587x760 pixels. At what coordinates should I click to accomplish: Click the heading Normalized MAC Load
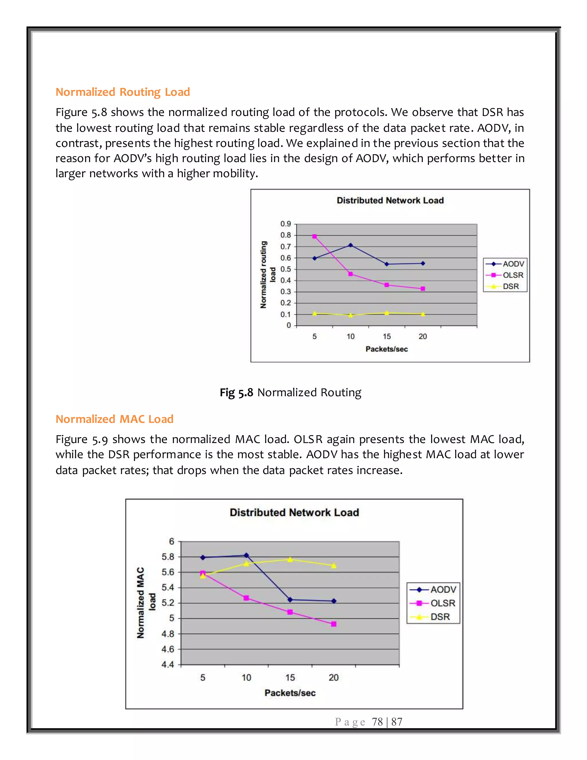click(114, 419)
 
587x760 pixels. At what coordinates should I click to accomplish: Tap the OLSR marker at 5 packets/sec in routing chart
click(314, 237)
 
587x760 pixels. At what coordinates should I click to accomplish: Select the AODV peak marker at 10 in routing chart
click(351, 245)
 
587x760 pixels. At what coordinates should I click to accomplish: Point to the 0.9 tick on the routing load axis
click(285, 224)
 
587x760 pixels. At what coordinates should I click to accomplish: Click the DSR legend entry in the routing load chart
click(510, 287)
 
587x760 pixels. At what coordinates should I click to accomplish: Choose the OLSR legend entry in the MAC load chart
click(442, 603)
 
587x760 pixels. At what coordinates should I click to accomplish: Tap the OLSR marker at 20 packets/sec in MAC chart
click(334, 624)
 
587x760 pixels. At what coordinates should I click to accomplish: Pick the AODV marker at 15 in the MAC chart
click(290, 600)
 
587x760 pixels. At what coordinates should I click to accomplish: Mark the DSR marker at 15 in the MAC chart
click(290, 560)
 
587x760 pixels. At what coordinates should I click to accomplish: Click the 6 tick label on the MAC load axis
click(171, 541)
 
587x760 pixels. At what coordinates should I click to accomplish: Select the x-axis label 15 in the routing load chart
click(387, 336)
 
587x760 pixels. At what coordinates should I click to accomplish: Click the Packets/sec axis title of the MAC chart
click(290, 693)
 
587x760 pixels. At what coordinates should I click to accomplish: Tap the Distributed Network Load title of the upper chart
click(390, 200)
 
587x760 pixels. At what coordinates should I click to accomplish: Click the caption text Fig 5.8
click(236, 393)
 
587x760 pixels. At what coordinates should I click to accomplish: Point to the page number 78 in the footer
click(377, 722)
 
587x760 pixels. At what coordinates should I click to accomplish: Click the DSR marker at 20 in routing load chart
click(422, 314)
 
